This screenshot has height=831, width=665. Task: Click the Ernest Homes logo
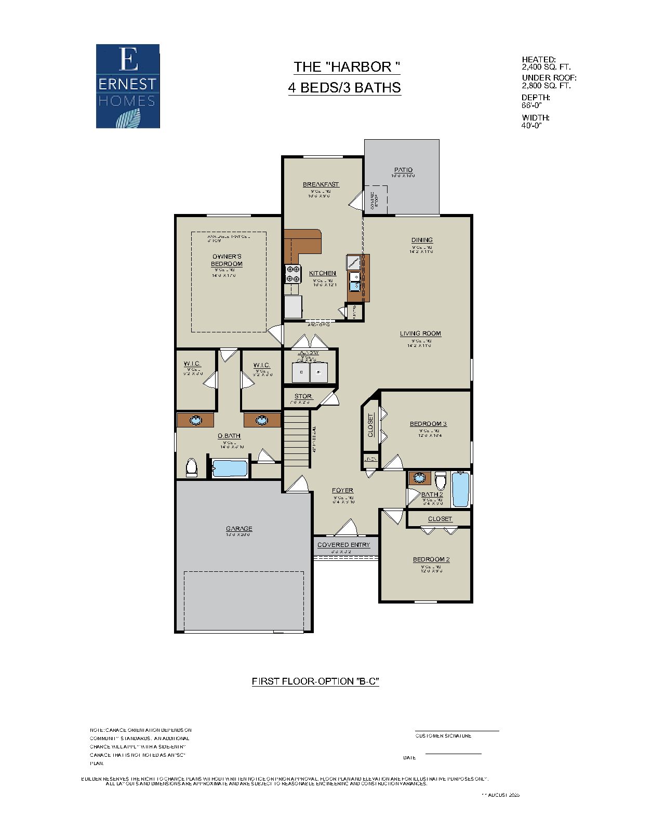point(127,86)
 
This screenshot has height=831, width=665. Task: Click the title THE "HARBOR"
point(347,67)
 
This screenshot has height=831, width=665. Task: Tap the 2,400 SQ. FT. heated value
point(546,67)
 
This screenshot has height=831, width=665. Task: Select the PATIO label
point(403,170)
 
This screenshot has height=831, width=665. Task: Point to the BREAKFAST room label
point(321,184)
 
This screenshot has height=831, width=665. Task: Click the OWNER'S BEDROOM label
point(227,260)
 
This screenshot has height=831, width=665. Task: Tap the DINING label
point(422,240)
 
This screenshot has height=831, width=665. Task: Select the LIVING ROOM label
point(420,333)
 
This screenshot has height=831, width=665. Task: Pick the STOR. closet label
point(303,396)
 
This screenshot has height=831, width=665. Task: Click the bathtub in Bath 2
point(460,489)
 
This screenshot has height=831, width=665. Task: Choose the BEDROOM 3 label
point(428,424)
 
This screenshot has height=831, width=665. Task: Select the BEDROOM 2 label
point(431,559)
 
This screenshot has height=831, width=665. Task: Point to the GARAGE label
point(239,529)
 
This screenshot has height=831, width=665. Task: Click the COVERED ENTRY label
point(343,545)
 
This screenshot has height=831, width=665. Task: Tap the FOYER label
point(342,490)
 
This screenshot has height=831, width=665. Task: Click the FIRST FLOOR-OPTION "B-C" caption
point(315,681)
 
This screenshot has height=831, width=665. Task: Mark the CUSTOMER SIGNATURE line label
point(443,736)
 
